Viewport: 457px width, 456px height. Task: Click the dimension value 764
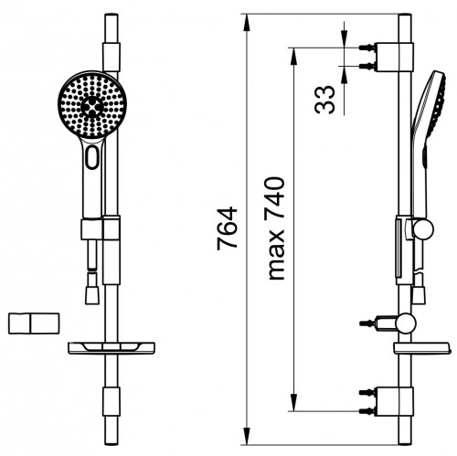click(x=227, y=228)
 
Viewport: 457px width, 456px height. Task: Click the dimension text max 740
click(x=276, y=228)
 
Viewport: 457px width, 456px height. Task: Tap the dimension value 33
click(x=324, y=100)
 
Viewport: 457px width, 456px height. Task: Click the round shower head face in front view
click(x=92, y=105)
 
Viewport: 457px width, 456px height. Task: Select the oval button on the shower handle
click(x=92, y=157)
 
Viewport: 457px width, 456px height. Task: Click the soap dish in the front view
click(x=112, y=348)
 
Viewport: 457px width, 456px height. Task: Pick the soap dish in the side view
click(x=422, y=348)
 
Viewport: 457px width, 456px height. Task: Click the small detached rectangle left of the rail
click(x=34, y=323)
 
